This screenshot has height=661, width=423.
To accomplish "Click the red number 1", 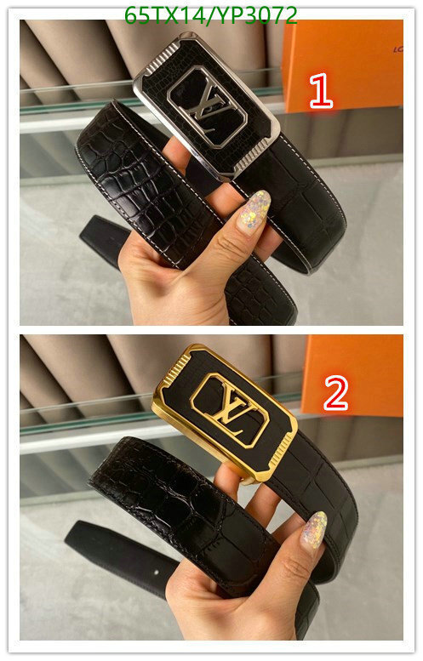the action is pos(321,90).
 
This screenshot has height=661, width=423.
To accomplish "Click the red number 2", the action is pos(335,393).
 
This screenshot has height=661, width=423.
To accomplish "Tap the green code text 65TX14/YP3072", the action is pos(211,15).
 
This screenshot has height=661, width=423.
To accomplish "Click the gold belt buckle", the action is pos(225,412).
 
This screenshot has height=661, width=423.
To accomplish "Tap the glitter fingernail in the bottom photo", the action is pos(314,529).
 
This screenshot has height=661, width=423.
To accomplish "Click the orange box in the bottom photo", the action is pos(352,375).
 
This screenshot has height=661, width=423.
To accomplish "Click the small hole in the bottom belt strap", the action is pos(157,572).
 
